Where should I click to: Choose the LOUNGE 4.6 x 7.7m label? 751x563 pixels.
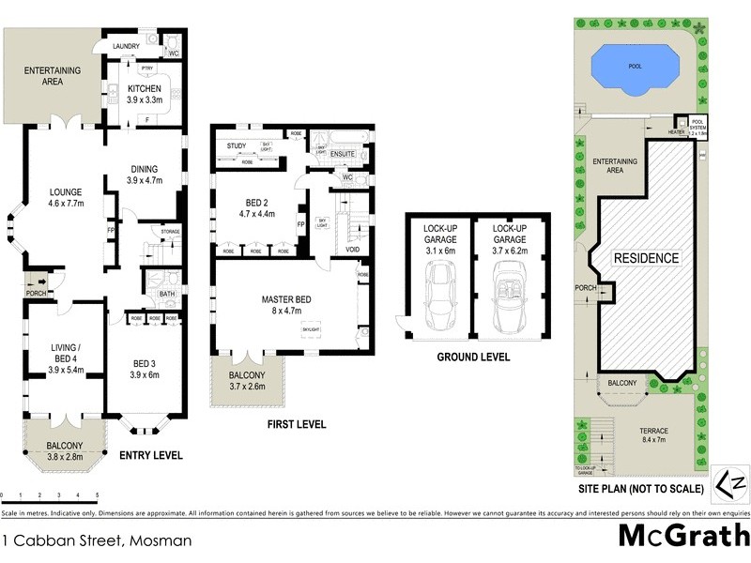pyautogui.click(x=66, y=201)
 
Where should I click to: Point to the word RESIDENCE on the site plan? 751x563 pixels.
pyautogui.click(x=646, y=257)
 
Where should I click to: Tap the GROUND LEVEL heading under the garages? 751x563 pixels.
pyautogui.click(x=474, y=358)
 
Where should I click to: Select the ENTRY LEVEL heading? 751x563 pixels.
pyautogui.click(x=150, y=456)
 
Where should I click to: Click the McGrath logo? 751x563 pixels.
pyautogui.click(x=683, y=537)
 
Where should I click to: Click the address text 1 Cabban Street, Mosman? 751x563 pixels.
pyautogui.click(x=99, y=540)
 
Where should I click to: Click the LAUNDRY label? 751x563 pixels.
pyautogui.click(x=126, y=46)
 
